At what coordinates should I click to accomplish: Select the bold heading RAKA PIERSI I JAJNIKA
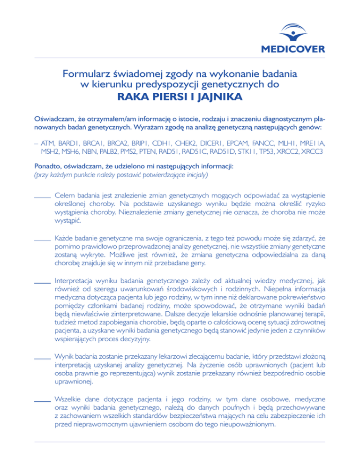[x=180, y=98]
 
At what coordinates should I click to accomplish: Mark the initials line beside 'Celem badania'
[x=43, y=197]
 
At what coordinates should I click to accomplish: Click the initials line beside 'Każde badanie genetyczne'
[x=43, y=241]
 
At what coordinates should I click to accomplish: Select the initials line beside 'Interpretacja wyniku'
[x=43, y=284]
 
